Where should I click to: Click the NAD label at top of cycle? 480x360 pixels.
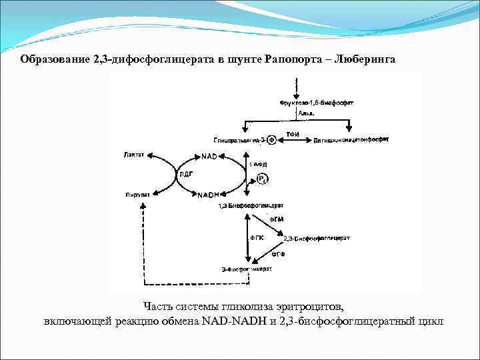208,157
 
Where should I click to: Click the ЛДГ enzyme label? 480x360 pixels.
186,175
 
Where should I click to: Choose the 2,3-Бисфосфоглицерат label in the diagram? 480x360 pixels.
317,238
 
